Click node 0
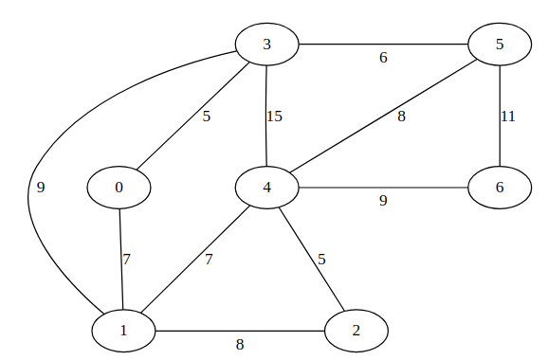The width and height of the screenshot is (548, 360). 119,188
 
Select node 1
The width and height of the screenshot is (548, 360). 123,330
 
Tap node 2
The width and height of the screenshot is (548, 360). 356,330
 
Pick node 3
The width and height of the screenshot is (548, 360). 267,45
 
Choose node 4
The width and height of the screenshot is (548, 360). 267,188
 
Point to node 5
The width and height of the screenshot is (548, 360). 499,45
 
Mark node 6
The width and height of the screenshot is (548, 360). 499,188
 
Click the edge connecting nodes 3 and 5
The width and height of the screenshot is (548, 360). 383,45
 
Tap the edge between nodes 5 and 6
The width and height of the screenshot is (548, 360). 499,116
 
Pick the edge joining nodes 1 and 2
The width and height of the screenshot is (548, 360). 239,330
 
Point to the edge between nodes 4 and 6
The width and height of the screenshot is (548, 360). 383,188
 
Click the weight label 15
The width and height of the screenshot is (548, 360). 275,117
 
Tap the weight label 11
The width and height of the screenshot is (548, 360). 508,117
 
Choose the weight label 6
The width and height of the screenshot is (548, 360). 383,58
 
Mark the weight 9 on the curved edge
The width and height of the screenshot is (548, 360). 40,188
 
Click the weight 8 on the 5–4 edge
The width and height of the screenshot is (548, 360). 401,117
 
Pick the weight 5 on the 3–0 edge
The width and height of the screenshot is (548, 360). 207,117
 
